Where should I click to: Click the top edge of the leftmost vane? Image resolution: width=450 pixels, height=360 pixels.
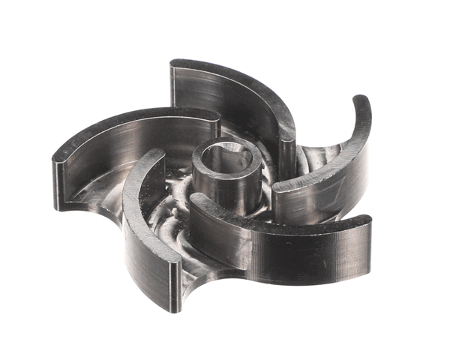click(x=120, y=124)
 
